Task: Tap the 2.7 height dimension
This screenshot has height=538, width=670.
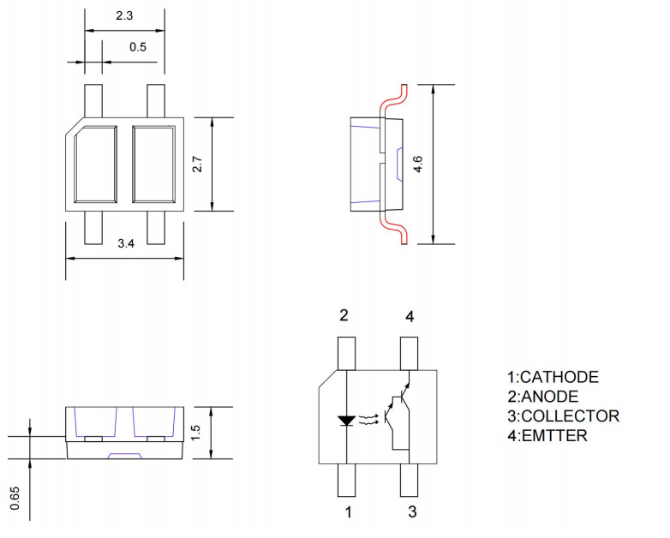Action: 197,164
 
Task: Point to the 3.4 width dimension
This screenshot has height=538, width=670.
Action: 125,244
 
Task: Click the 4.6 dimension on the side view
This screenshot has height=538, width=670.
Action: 418,164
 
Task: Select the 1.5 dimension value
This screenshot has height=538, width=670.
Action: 196,433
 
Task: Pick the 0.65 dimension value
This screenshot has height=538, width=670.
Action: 15,496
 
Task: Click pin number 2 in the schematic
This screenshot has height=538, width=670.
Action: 344,316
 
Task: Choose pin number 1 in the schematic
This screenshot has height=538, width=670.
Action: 347,512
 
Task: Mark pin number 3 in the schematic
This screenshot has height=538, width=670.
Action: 411,512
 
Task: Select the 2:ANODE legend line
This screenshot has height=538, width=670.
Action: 542,397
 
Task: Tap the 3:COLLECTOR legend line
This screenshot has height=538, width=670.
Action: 563,416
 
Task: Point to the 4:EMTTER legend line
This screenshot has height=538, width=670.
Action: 547,436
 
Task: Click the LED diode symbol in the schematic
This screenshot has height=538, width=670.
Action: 346,421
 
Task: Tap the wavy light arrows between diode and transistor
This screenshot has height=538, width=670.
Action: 368,420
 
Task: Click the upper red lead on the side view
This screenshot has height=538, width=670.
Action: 392,99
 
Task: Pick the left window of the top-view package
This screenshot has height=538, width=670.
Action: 94,164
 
